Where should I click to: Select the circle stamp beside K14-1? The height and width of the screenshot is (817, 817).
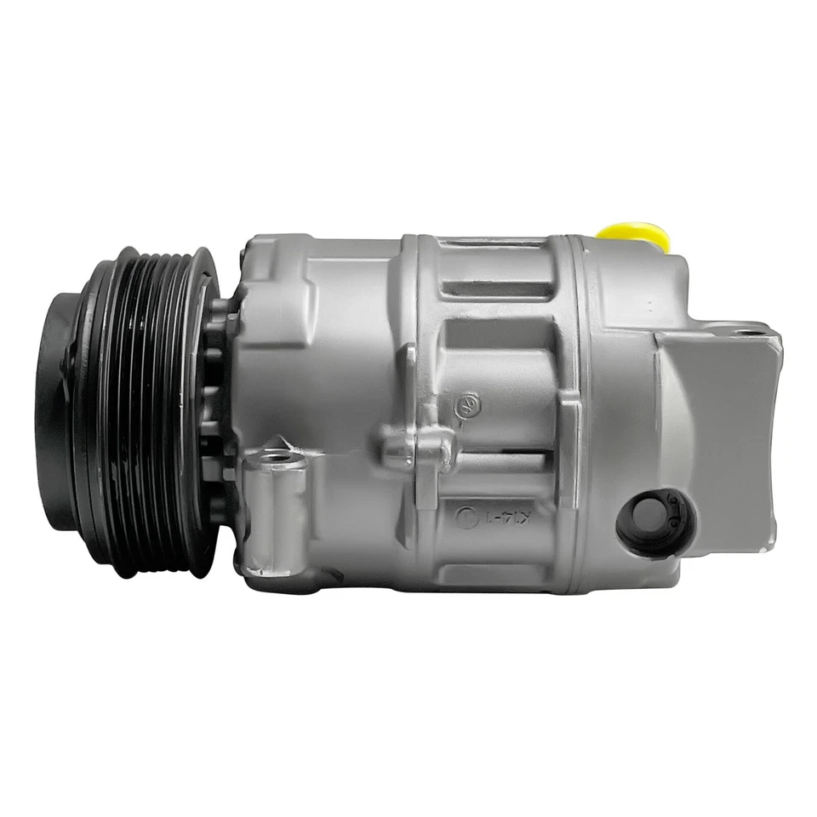[466, 516]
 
